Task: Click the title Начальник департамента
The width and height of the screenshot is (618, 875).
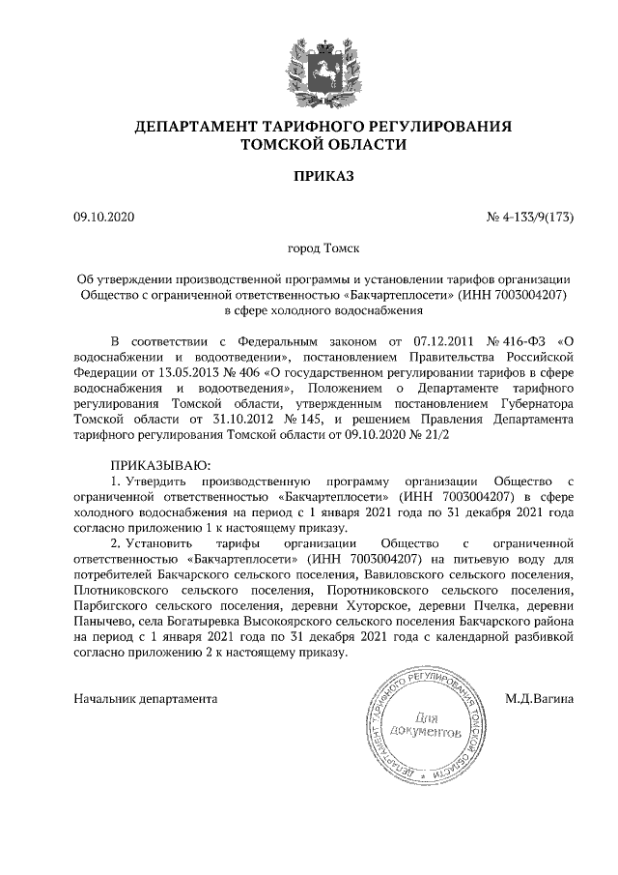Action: click(x=146, y=698)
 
